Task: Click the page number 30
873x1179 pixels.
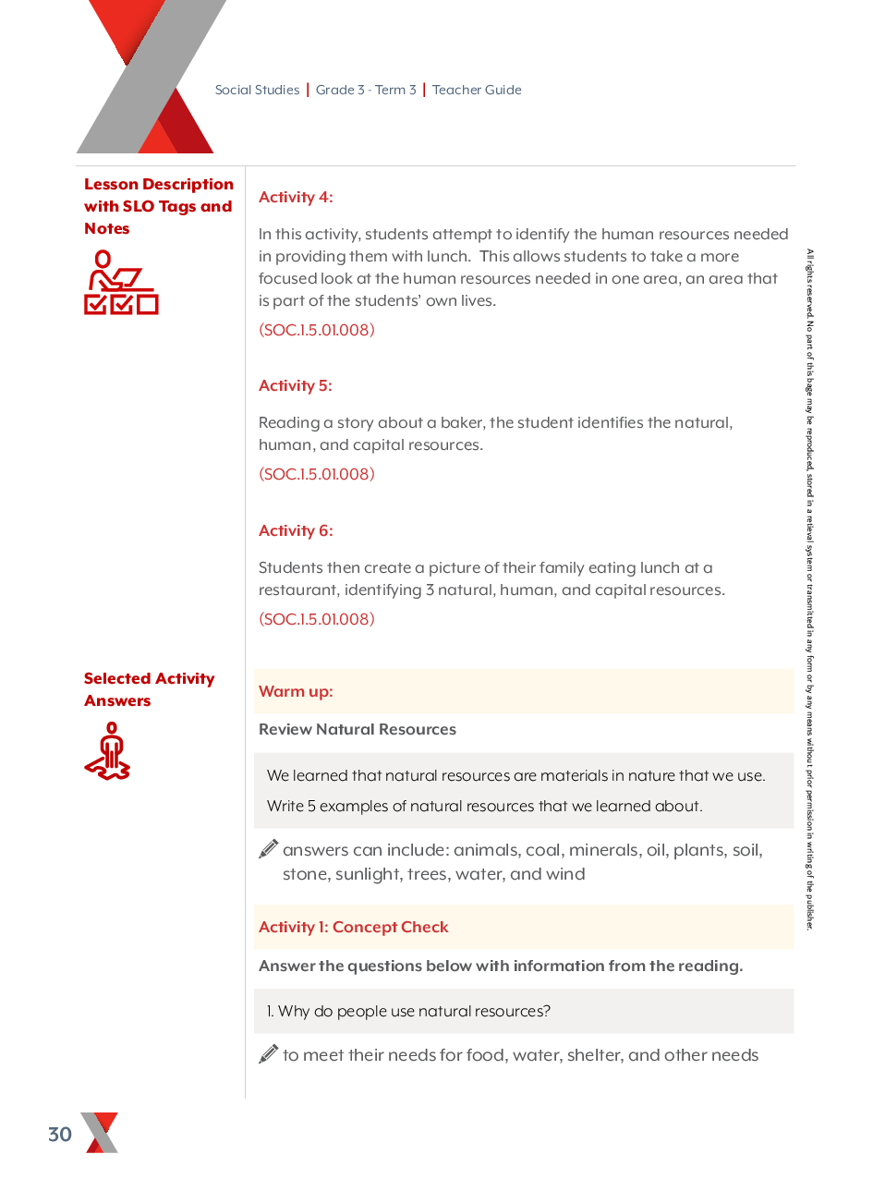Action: coord(60,1135)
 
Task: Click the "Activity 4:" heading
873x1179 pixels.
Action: coord(296,197)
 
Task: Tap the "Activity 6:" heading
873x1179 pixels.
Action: coord(296,530)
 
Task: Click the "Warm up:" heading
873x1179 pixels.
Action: coord(296,691)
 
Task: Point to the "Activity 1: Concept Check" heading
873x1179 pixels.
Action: coord(354,927)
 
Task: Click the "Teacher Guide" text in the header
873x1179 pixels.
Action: coord(477,90)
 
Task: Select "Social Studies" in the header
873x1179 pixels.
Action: coord(257,90)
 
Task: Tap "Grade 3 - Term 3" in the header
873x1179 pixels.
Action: coord(366,90)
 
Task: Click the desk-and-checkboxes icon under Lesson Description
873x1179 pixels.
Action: coord(120,283)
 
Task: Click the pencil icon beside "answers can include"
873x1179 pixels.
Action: coord(269,849)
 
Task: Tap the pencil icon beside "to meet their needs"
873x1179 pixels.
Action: coord(269,1054)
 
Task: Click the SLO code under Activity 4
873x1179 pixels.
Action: coord(317,330)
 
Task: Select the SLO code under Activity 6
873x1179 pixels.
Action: coord(317,619)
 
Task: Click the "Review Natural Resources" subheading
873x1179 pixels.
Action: coord(358,729)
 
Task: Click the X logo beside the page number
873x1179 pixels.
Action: coord(100,1133)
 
